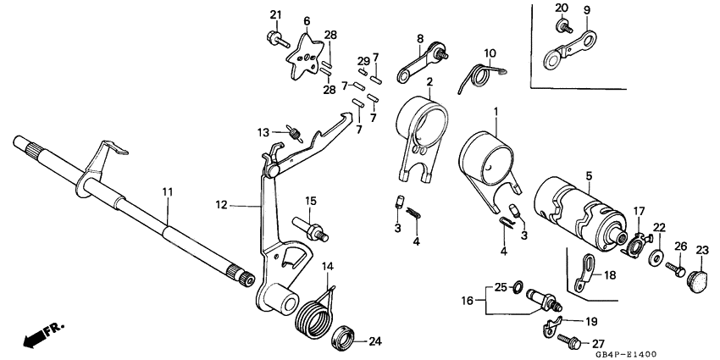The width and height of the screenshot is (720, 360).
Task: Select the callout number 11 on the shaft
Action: (168, 193)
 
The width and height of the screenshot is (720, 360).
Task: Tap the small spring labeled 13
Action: (295, 133)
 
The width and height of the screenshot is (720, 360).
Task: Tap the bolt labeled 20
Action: (562, 27)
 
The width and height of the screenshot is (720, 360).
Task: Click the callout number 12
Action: (221, 204)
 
